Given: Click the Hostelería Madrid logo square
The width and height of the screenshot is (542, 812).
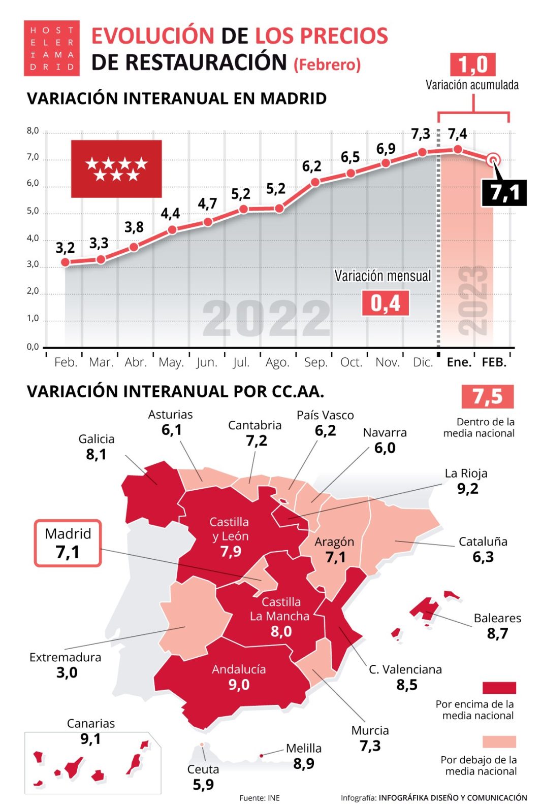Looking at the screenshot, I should coord(51,48).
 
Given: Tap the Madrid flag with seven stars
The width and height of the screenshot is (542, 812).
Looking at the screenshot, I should coord(116,168).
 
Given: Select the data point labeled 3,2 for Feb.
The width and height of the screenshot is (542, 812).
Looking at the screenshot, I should coord(65,262).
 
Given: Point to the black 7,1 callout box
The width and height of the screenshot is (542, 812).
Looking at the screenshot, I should coord(504,193).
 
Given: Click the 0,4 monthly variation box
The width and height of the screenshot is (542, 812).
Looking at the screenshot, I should coord(385,303).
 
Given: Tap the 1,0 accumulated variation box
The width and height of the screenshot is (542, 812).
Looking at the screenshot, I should coord(472,64).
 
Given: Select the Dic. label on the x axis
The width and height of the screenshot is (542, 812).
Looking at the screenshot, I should coord(423,362).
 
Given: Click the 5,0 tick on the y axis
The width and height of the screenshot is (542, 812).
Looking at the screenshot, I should coord(33,211).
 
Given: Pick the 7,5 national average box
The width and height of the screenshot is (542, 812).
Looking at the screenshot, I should coord(487,396).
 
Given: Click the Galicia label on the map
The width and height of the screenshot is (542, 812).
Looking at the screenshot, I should coord(96,439).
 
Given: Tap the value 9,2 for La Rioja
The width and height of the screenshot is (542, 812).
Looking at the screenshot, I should coord(467,489).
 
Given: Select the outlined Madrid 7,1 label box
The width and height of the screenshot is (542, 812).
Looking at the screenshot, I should coord(68,543).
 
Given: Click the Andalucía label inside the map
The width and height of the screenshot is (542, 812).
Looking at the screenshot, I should coord(239,669).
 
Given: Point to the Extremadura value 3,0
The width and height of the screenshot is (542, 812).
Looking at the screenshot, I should coord(67,673).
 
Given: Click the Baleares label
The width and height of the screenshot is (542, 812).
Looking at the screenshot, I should coord(497,618).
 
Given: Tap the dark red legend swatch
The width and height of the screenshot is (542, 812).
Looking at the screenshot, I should coord(499,688).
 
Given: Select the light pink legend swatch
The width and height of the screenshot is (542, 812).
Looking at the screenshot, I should coord(499,741).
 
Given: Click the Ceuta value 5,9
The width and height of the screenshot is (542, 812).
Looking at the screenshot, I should coord(203,785).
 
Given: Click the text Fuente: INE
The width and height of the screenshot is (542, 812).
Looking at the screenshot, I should coord(260,798).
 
